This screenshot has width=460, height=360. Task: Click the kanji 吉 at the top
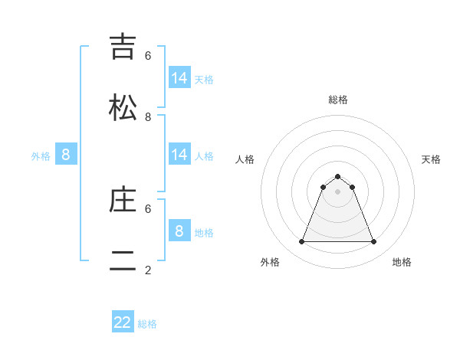(123, 47)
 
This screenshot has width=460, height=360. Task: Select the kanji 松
(123, 107)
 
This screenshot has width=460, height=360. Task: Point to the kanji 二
(123, 260)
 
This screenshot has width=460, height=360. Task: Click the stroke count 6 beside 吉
(148, 56)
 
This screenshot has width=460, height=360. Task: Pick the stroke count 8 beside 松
(148, 116)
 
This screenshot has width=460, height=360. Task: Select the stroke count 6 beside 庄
(148, 208)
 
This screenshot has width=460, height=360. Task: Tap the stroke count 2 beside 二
(148, 270)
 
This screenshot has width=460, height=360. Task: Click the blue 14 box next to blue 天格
(179, 78)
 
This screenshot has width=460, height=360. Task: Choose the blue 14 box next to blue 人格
(179, 155)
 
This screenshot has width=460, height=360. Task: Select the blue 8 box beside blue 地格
(179, 231)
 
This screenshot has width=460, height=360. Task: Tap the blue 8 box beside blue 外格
(65, 155)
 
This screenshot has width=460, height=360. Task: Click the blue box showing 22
(123, 322)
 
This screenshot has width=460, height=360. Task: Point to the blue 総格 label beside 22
(147, 324)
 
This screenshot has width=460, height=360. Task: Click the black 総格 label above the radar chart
(338, 100)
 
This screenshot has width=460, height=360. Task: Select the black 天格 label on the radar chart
(432, 159)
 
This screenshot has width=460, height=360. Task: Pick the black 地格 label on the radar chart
(402, 262)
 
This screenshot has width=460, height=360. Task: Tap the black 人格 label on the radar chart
(245, 159)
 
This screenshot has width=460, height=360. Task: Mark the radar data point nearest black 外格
(301, 242)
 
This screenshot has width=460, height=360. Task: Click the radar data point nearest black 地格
(374, 242)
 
